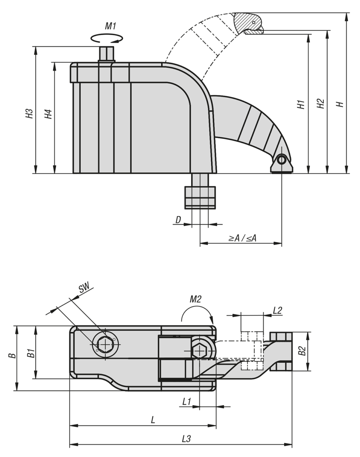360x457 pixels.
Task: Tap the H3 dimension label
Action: [x=30, y=114]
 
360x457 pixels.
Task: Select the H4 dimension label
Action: [x=48, y=114]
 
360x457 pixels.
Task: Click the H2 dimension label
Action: [x=321, y=104]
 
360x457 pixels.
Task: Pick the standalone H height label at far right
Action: [x=341, y=104]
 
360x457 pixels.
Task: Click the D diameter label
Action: [x=178, y=220]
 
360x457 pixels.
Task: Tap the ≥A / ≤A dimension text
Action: [x=242, y=238]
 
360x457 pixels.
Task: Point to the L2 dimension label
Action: [x=278, y=311]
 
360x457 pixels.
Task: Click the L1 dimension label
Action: [x=186, y=401]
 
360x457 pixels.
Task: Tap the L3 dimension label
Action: [x=186, y=439]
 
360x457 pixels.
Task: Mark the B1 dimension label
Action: [x=30, y=353]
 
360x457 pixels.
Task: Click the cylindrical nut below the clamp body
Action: [x=200, y=197]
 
